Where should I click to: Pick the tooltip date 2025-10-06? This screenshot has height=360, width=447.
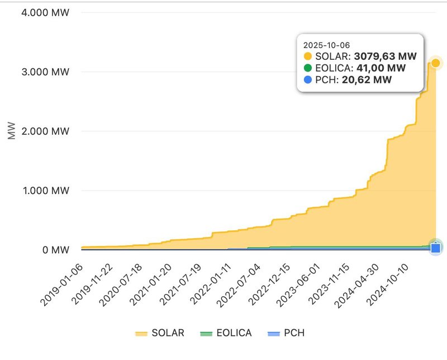tap(326, 44)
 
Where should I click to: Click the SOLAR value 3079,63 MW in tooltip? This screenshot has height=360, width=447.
tap(386, 56)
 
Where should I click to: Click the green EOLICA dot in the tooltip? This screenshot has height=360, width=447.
tap(308, 68)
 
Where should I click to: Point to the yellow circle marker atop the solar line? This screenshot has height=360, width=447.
tap(436, 62)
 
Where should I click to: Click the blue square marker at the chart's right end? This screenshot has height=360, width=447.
tap(436, 248)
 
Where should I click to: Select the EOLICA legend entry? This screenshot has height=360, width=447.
tap(226, 333)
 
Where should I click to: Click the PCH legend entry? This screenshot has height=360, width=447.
tap(286, 333)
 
